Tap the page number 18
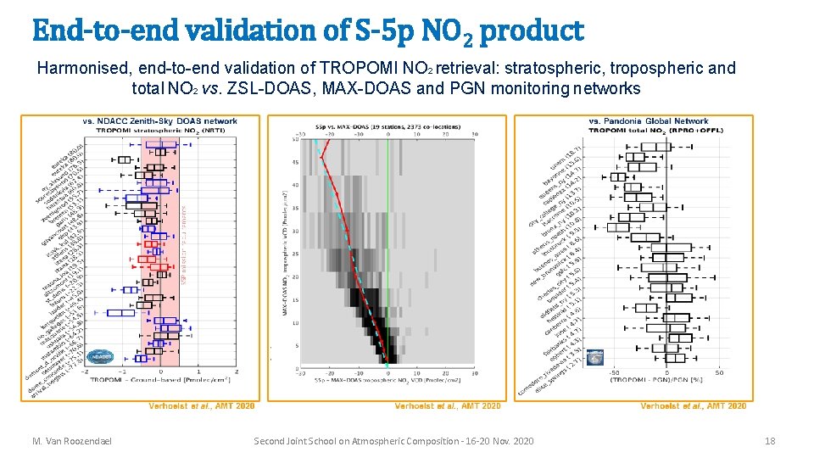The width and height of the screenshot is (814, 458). coord(769,441)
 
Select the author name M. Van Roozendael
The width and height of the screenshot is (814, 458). coord(74,441)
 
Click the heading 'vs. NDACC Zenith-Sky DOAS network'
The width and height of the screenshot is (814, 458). coord(159,121)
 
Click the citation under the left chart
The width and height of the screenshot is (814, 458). coord(201,406)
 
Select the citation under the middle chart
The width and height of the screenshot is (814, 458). coord(447,406)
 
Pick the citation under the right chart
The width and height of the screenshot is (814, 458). coord(693,406)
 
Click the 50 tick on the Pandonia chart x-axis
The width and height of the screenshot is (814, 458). coord(718,371)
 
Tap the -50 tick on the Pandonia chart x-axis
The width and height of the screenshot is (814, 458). coord(613,371)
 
